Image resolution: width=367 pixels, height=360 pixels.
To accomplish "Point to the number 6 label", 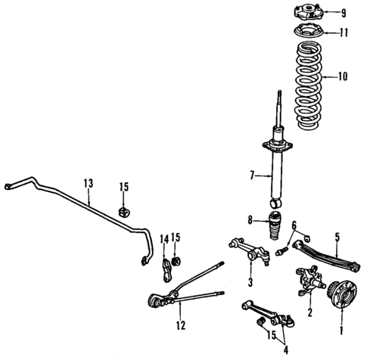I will pos(294,225).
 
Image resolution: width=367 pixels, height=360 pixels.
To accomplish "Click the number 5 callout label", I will pos(337,237).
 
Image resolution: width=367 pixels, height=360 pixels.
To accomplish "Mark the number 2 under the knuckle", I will pos(309,312).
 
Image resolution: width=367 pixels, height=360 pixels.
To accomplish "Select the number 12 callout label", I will pos(179,326).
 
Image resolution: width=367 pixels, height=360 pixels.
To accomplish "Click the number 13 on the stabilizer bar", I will pos(89,183).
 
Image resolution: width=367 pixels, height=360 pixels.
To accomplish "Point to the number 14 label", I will pos(163,238).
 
